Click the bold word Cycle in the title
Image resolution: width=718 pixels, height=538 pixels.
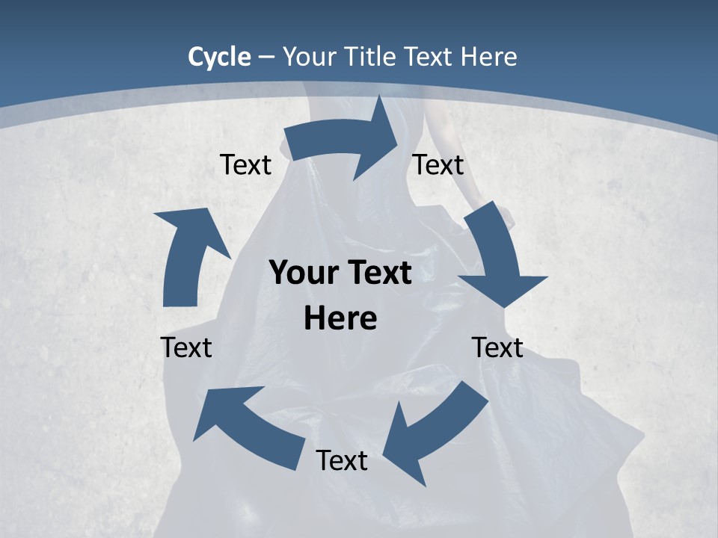point(219,57)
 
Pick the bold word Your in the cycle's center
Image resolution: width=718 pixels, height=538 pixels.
point(301,273)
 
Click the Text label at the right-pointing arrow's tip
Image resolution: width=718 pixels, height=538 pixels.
point(438,164)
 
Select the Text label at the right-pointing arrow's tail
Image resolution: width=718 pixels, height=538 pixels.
point(245,164)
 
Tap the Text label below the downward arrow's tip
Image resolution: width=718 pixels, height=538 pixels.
point(497,347)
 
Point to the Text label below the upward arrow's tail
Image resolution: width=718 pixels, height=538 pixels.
point(186,347)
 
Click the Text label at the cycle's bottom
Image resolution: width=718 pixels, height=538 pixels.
point(342,460)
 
